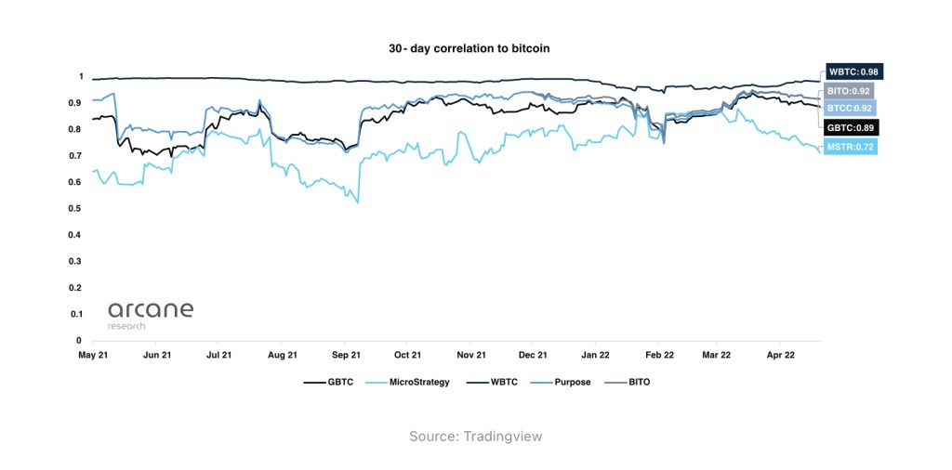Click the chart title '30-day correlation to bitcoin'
(x=476, y=46)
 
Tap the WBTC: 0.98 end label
(x=853, y=72)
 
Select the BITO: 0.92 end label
(x=849, y=91)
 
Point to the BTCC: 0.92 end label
(x=850, y=109)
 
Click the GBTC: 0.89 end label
(x=852, y=127)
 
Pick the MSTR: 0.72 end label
(x=850, y=147)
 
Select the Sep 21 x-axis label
(x=346, y=355)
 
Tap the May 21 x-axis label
(x=94, y=355)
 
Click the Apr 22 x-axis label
(x=781, y=355)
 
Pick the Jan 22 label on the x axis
(x=597, y=355)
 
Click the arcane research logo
(x=150, y=314)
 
